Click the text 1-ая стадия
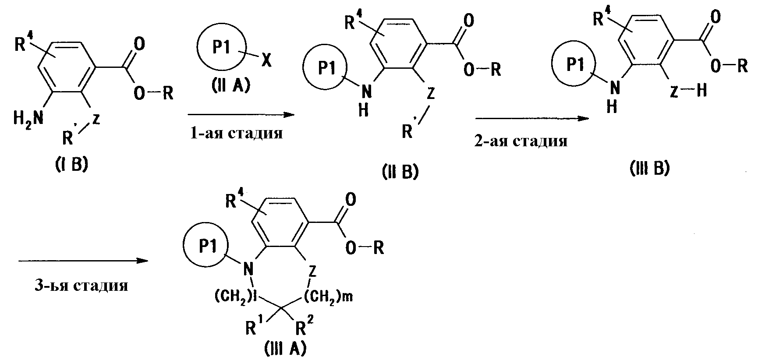point(236,133)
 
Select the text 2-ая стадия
point(521,141)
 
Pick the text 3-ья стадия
point(81,286)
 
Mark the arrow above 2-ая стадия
point(531,118)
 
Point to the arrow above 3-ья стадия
point(83,261)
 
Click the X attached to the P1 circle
point(266,62)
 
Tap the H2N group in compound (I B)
point(28,117)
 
